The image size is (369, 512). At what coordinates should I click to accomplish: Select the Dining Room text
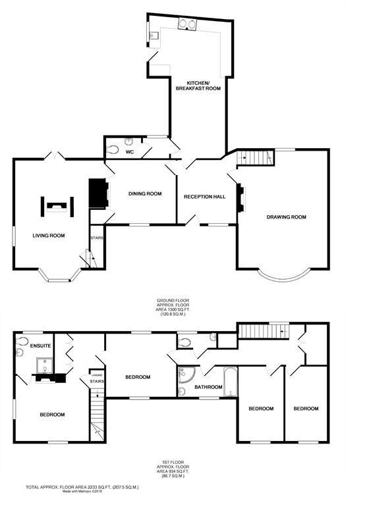point(145,193)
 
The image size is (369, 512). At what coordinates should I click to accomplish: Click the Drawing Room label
point(286,217)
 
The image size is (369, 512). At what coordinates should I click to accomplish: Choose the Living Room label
point(49,235)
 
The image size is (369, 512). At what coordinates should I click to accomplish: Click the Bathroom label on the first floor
point(208,387)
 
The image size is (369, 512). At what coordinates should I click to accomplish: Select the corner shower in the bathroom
point(183,375)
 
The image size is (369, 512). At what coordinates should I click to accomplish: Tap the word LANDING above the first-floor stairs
point(96,371)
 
